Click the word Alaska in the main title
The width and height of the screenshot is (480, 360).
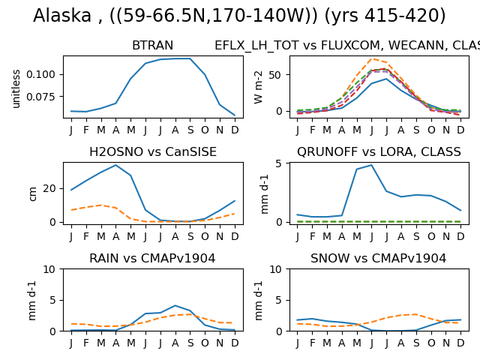[x=62, y=15]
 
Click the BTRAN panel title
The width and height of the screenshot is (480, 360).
[x=152, y=45]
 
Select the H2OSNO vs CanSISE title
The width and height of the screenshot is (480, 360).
[x=153, y=151]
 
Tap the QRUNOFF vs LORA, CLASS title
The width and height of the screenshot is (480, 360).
[x=379, y=151]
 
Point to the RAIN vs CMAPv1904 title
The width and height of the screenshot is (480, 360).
[x=152, y=258]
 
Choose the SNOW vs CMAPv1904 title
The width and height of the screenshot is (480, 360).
[x=378, y=258]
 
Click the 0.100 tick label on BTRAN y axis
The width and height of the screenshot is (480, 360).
[x=40, y=74]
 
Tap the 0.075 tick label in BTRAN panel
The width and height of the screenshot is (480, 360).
[x=40, y=97]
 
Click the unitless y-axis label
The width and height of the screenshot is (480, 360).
[x=16, y=89]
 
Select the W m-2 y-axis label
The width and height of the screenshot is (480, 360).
[x=258, y=87]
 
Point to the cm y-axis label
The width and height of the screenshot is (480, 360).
[x=32, y=194]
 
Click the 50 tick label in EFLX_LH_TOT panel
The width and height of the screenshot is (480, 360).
[x=275, y=75]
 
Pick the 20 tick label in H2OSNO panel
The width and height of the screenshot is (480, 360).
[x=49, y=188]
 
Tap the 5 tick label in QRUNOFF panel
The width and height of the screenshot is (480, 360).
[x=278, y=163]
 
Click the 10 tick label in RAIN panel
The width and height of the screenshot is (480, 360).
[x=49, y=269]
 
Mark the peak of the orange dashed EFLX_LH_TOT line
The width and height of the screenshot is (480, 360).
[x=372, y=58]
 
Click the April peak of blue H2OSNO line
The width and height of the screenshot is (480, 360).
[x=115, y=165]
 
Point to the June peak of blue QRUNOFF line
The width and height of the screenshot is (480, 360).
[x=371, y=165]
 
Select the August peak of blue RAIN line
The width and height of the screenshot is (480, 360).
[x=175, y=305]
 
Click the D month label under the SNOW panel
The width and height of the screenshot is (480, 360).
[x=460, y=343]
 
